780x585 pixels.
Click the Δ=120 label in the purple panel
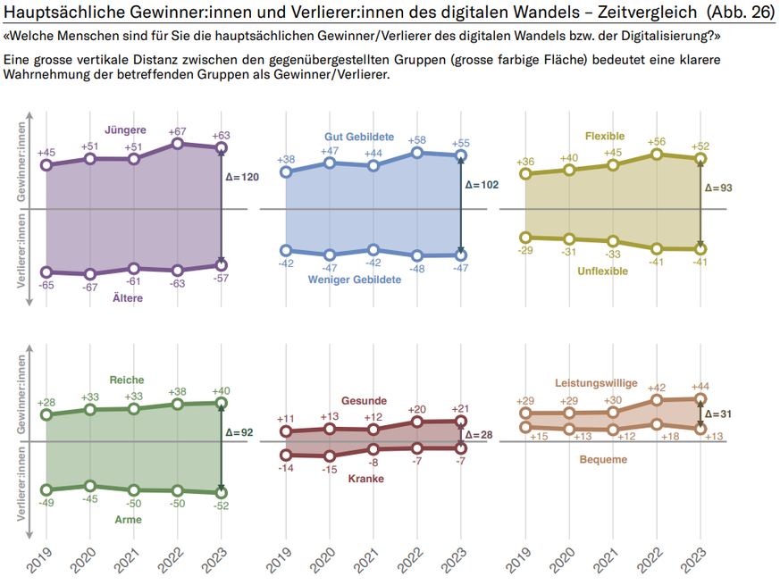[x=243, y=178]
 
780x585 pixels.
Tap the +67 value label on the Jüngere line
[x=177, y=131]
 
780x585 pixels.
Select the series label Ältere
[x=128, y=298]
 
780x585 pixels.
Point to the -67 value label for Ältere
[x=89, y=288]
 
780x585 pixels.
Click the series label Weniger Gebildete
[x=355, y=280]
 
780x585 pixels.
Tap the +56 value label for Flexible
[x=658, y=141]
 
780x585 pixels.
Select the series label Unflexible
[x=602, y=271]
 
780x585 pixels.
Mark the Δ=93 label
[x=719, y=188]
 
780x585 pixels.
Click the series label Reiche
[x=126, y=380]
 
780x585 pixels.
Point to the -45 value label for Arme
[x=89, y=499]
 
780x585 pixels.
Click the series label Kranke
[x=366, y=479]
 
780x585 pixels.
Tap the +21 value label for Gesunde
[x=461, y=408]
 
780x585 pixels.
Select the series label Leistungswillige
[x=597, y=383]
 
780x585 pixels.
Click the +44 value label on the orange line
[x=700, y=386]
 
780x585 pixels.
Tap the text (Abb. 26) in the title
[x=738, y=13]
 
